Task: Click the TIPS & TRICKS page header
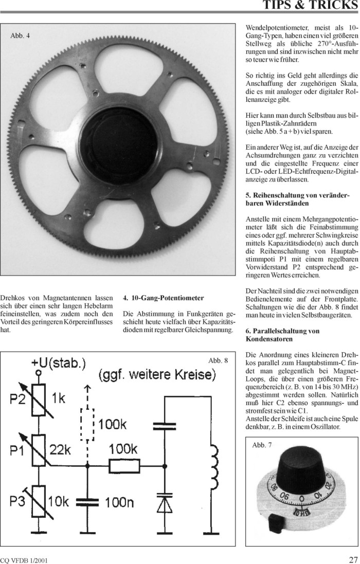(x=310, y=6)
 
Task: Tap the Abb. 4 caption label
(x=20, y=35)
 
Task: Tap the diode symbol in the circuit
(x=165, y=504)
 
